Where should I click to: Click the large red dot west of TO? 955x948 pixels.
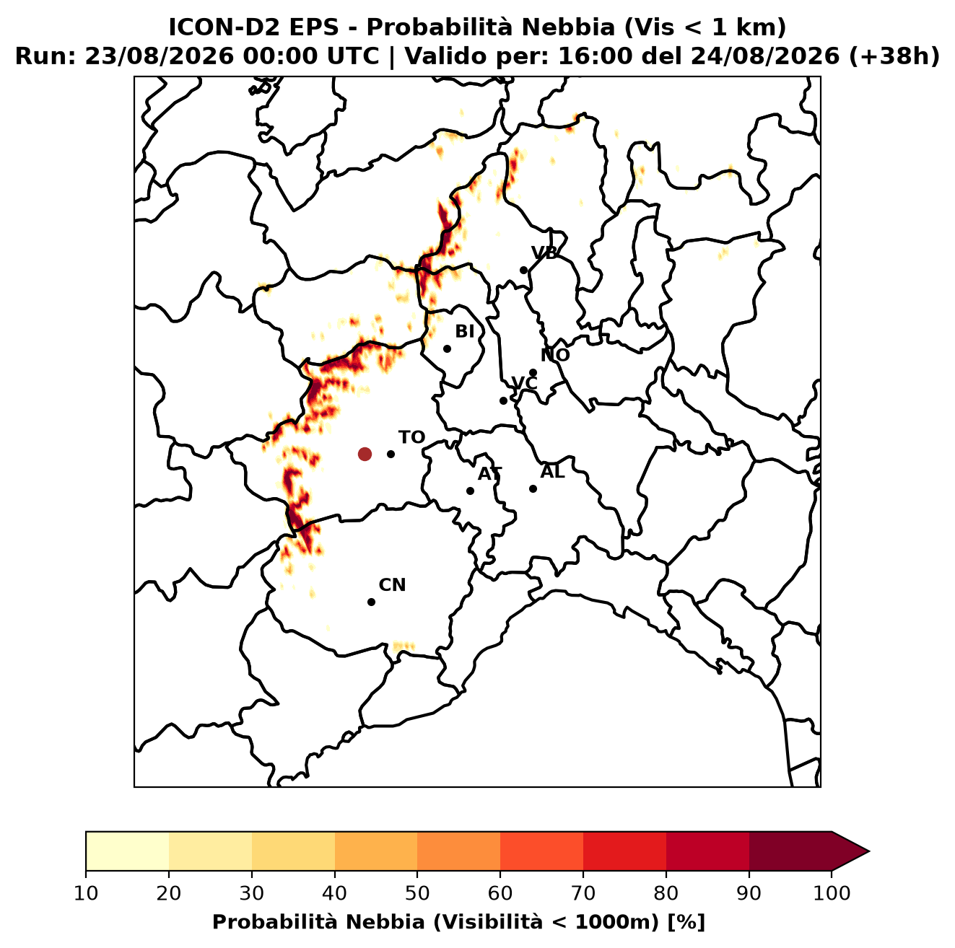[365, 454]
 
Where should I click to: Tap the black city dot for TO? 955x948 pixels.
[391, 454]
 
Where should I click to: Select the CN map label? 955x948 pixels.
[392, 585]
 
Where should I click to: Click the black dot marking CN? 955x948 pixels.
[371, 602]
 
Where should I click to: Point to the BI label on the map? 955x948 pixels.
[464, 332]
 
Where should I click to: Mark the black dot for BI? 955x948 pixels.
[447, 349]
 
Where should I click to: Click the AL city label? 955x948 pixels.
[552, 472]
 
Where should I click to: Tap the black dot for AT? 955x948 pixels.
[471, 491]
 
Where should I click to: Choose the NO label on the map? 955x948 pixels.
[555, 355]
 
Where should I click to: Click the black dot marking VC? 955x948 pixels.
[504, 400]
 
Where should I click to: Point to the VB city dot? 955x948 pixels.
[524, 270]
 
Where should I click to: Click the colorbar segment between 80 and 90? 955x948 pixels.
[707, 851]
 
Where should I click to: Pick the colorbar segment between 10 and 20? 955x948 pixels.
[127, 851]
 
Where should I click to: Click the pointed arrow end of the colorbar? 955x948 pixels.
[868, 851]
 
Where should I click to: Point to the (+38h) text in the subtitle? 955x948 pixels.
[894, 56]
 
